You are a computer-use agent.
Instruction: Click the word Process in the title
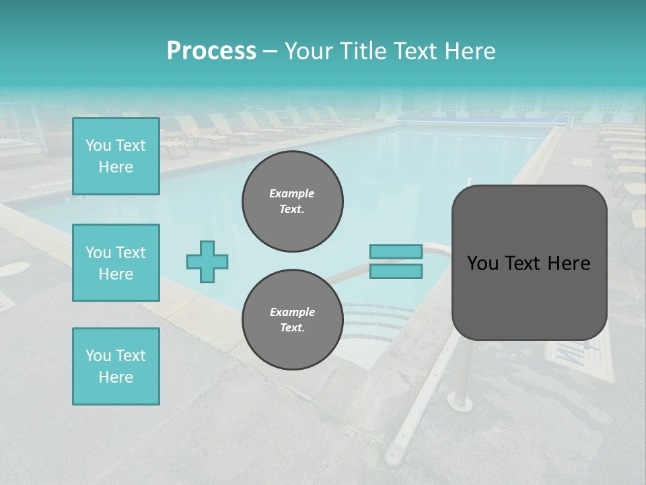pyautogui.click(x=211, y=51)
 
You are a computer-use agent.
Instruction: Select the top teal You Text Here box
pyautogui.click(x=116, y=156)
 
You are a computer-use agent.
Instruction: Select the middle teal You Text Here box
pyautogui.click(x=116, y=263)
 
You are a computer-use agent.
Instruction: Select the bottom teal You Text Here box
pyautogui.click(x=116, y=366)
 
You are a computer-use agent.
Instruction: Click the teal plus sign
pyautogui.click(x=207, y=261)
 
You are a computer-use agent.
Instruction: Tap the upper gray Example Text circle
pyautogui.click(x=293, y=201)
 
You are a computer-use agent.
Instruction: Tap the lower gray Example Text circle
pyautogui.click(x=293, y=320)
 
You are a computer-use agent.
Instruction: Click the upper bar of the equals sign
pyautogui.click(x=396, y=251)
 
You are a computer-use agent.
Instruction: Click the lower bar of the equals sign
pyautogui.click(x=396, y=271)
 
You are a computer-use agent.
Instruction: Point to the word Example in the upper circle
pyautogui.click(x=292, y=193)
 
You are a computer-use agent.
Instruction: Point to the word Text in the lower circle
pyautogui.click(x=292, y=328)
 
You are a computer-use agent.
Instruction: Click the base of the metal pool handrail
pyautogui.click(x=460, y=403)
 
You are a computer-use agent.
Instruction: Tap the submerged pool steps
pyautogui.click(x=377, y=323)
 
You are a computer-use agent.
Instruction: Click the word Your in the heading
pyautogui.click(x=308, y=51)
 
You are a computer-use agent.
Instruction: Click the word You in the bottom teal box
pyautogui.click(x=98, y=356)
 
